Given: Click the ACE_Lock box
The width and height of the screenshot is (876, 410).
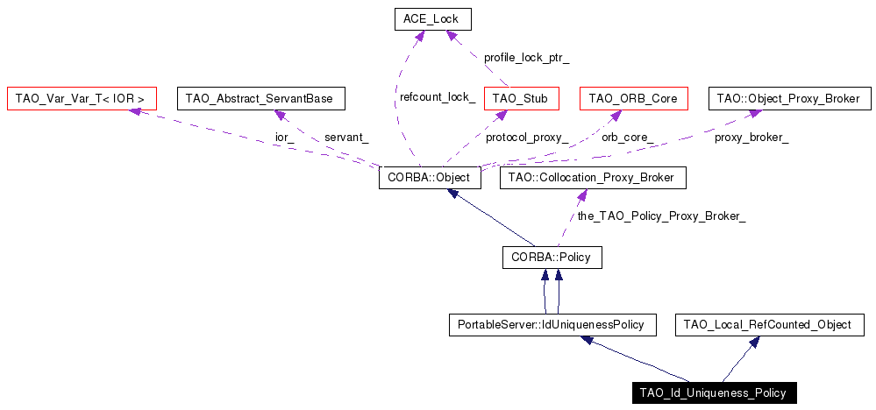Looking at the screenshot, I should coord(431,18).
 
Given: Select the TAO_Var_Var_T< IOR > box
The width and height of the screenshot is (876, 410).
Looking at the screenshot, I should coord(81,98).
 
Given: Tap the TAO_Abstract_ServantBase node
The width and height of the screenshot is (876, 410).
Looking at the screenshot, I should coord(261,98).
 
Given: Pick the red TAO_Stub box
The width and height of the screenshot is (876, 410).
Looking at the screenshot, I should coord(521,98).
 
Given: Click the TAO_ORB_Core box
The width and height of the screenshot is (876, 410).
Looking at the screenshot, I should coord(633,98).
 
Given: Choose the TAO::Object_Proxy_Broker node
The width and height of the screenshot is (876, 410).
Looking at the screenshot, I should coord(790,98).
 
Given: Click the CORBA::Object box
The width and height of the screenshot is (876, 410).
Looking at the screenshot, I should coord(430,178).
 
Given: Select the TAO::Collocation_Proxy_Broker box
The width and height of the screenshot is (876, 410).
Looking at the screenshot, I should coord(592,178).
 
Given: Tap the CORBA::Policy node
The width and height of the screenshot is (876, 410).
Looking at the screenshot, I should coord(552,258).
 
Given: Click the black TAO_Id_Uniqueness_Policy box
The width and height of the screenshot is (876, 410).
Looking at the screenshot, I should coord(714,392).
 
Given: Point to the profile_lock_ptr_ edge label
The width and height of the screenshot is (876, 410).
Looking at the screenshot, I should coord(526,58).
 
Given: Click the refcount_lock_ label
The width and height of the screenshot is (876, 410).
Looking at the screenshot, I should coord(438,97).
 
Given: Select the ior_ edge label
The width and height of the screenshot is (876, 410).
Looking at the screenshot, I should coord(284,138).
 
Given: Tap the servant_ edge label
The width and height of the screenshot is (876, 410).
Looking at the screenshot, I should coord(346,138).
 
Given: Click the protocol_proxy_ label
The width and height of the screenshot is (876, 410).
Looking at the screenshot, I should coord(527,138).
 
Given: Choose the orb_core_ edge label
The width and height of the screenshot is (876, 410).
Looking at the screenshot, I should coord(627,138).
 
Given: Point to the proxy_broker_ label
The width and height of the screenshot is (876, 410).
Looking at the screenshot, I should coord(751,138).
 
